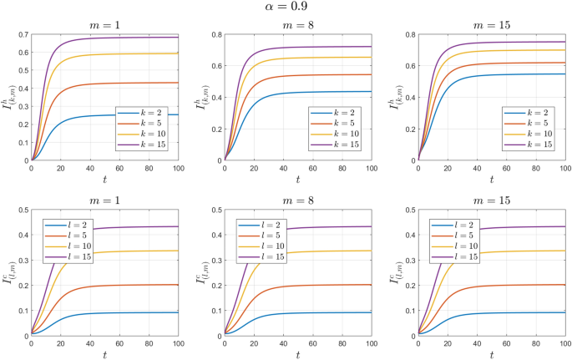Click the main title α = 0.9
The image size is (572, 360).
tap(286, 8)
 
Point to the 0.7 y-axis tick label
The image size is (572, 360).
tap(20, 34)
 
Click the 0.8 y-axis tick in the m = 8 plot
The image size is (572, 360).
tap(213, 34)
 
